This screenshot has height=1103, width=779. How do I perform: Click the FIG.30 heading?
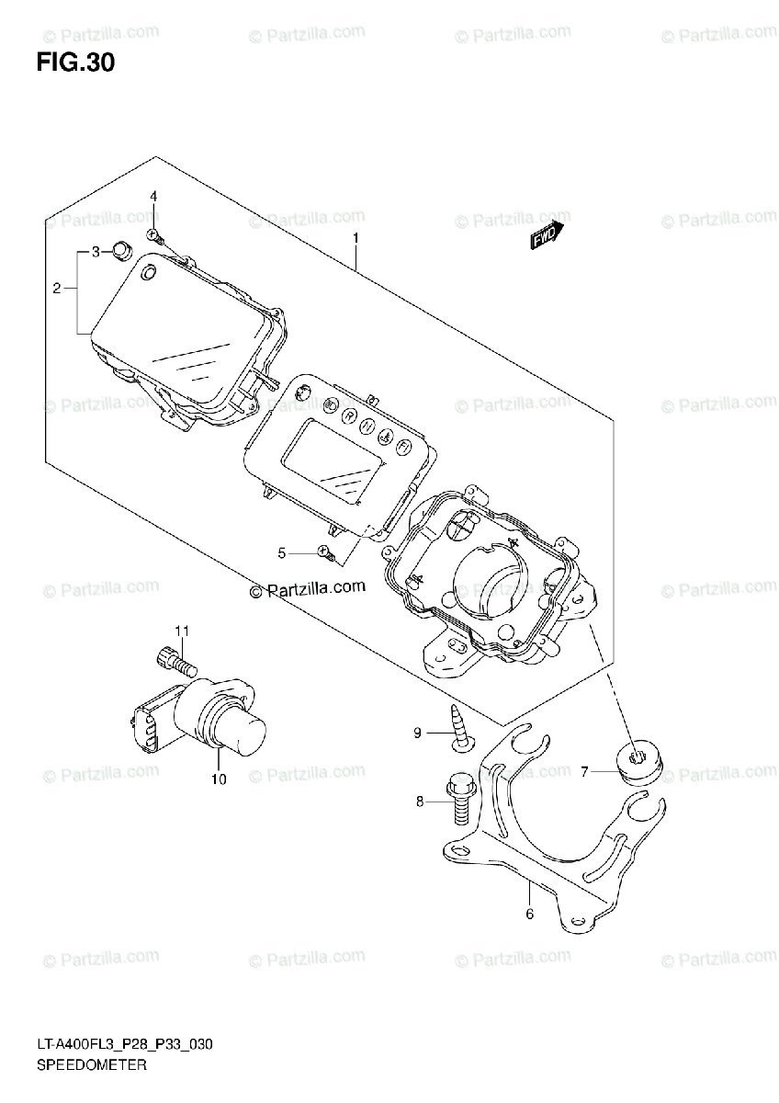pos(76,63)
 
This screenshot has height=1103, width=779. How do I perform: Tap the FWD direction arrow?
pos(545,237)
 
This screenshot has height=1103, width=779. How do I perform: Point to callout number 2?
pos(56,289)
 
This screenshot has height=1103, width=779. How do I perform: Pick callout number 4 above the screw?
pos(154,196)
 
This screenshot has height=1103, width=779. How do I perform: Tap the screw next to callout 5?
pos(323,551)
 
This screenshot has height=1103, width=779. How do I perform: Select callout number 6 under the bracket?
pos(529,914)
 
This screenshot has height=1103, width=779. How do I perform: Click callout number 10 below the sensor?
pos(219,780)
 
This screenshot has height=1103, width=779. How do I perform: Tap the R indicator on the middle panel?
pos(349,415)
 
